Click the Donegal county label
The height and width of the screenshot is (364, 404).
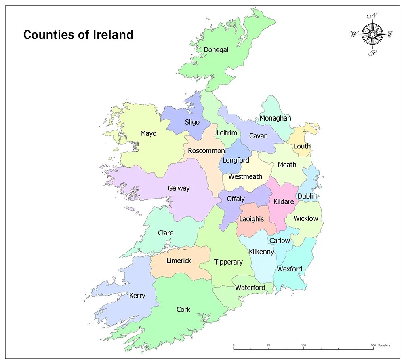(216, 50)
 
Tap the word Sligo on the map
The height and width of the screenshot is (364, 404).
(192, 122)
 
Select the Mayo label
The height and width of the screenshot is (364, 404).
(148, 133)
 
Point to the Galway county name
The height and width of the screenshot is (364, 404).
(179, 188)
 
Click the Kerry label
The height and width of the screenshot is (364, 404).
(137, 296)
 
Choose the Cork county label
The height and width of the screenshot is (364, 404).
(183, 310)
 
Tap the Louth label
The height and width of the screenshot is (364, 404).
(302, 146)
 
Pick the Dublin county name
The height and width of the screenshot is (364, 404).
(307, 196)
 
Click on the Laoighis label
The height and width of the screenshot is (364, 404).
(251, 219)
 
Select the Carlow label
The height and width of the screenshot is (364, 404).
(280, 240)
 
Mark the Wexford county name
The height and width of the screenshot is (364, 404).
(289, 269)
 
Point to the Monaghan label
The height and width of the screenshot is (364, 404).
(275, 118)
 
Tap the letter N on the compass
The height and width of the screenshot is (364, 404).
(375, 16)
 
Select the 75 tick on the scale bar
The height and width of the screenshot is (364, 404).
(269, 345)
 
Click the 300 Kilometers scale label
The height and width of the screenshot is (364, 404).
(381, 345)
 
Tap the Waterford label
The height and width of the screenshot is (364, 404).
(250, 288)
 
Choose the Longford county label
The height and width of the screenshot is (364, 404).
(236, 160)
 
